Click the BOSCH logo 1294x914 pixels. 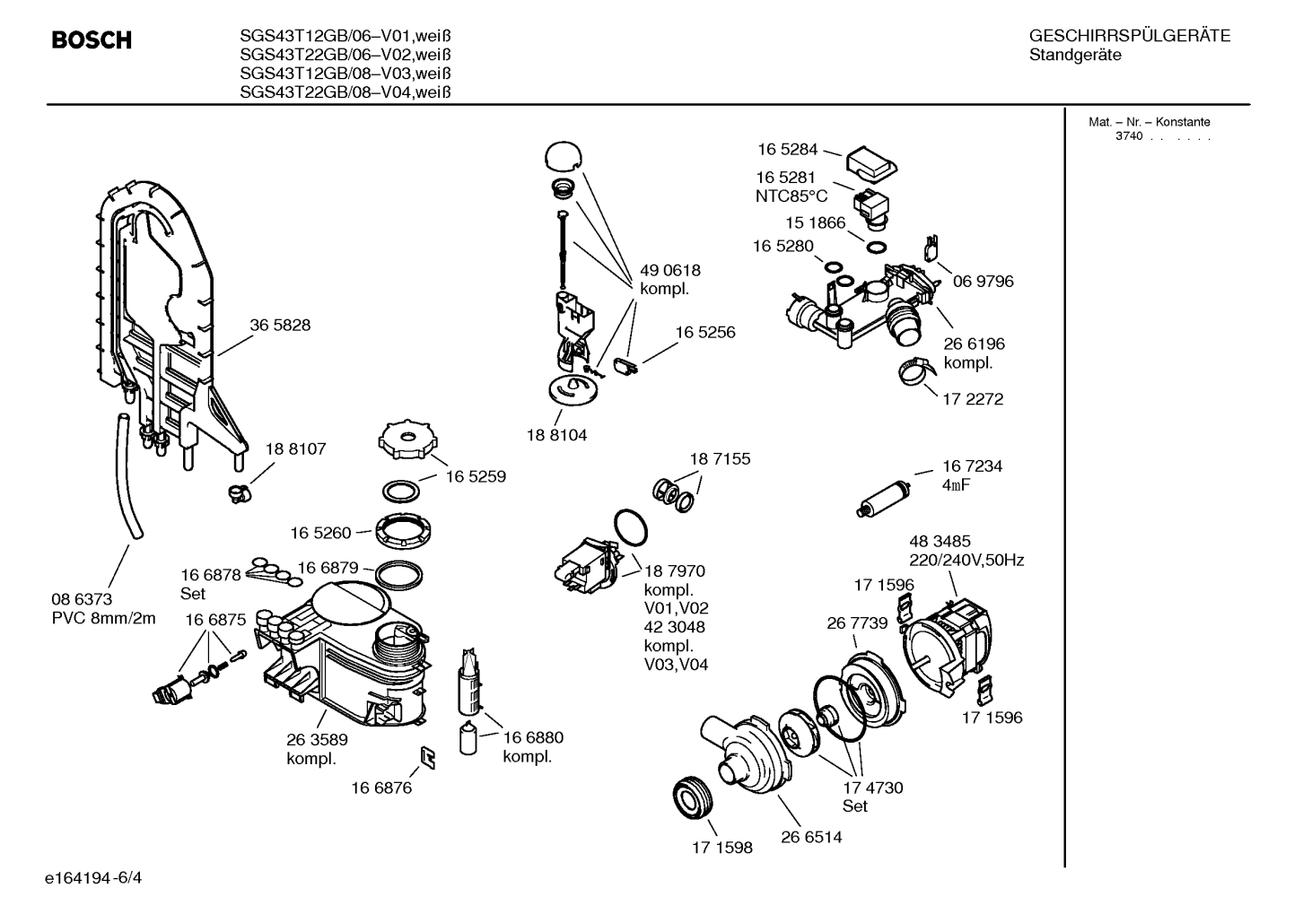(92, 39)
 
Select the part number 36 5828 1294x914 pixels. (280, 325)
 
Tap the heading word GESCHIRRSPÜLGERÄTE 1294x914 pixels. (1130, 35)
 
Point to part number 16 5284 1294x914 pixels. (787, 150)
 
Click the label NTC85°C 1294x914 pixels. (791, 196)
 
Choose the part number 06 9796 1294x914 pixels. (984, 281)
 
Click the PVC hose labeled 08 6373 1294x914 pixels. (127, 475)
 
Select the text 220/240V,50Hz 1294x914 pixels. (966, 560)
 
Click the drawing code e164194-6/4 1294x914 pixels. (93, 878)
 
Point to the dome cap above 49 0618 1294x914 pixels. (563, 156)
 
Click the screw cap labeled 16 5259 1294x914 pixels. (407, 440)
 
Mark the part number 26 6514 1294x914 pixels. (811, 837)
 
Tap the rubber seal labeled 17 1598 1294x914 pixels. (693, 798)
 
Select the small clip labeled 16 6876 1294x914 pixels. (427, 758)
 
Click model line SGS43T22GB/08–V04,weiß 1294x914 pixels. (345, 92)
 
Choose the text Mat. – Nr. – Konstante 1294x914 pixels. (1149, 122)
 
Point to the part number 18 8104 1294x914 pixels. (556, 435)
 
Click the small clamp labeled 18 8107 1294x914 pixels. (240, 493)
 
